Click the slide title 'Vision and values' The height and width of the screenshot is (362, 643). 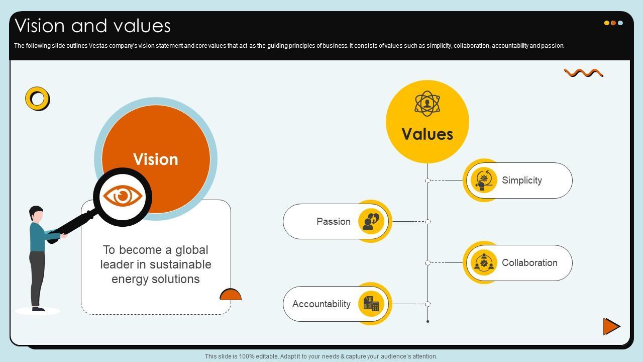click(x=93, y=26)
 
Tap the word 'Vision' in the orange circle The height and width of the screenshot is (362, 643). click(x=156, y=159)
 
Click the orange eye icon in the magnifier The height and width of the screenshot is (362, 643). click(x=123, y=196)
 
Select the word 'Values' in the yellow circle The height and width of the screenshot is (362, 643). click(x=427, y=134)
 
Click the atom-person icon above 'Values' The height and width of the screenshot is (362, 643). click(x=427, y=104)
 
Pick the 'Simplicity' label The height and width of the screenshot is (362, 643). click(x=522, y=180)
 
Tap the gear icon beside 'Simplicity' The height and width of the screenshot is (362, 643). click(x=484, y=180)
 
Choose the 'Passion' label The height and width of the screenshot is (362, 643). click(x=334, y=222)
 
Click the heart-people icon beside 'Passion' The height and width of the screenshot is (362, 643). click(x=371, y=221)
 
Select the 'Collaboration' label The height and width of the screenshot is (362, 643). click(x=529, y=263)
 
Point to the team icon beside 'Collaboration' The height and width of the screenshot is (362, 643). click(x=484, y=262)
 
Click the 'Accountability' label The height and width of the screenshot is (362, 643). click(x=321, y=304)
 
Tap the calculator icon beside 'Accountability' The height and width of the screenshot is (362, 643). click(x=371, y=304)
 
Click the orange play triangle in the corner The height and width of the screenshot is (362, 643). click(x=611, y=326)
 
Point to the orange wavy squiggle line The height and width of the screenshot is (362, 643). click(x=583, y=73)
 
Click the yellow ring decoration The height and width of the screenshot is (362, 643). click(x=38, y=99)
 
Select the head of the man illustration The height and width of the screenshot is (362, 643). click(x=36, y=214)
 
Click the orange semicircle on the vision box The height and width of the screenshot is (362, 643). click(x=231, y=295)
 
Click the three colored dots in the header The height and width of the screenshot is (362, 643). click(x=613, y=23)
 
